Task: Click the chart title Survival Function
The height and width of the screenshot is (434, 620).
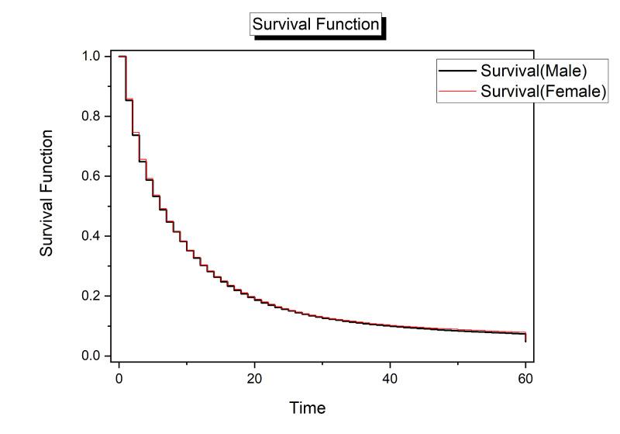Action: [x=315, y=24]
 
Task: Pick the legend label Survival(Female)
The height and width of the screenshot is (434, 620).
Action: [x=542, y=91]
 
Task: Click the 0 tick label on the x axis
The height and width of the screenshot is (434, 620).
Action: [x=119, y=378]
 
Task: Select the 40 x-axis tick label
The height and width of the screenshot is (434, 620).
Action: [x=390, y=378]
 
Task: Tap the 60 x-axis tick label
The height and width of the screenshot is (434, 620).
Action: [x=525, y=378]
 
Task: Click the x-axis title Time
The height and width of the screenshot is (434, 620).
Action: [x=308, y=408]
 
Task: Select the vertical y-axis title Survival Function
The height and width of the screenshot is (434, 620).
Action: [x=47, y=193]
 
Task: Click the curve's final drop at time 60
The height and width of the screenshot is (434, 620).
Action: [x=525, y=337]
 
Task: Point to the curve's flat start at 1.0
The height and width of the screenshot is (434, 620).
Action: [x=122, y=57]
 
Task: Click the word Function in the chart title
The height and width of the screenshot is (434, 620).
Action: [x=350, y=24]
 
